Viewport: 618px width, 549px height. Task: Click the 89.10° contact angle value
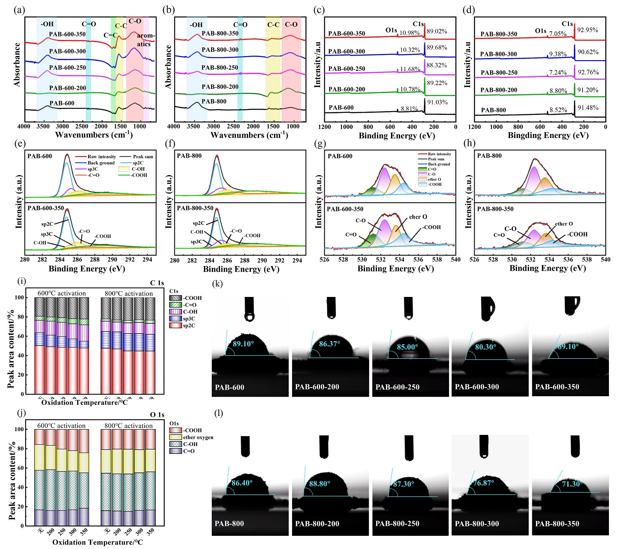point(243,344)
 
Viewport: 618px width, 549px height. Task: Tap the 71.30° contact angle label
point(572,484)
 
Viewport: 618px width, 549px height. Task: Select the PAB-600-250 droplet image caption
point(397,387)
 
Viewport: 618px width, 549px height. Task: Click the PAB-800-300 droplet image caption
point(477,524)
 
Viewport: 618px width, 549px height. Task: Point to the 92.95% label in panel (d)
point(588,30)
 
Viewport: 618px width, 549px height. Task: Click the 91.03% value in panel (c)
point(437,102)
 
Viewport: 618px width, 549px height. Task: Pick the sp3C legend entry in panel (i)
point(189,319)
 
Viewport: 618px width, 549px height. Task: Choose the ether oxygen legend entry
point(198,437)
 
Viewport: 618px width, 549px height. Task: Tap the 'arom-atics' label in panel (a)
point(145,40)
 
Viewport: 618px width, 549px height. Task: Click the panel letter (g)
point(319,144)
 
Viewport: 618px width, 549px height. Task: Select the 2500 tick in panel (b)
point(233,126)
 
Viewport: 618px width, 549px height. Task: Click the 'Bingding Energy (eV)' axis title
point(548,135)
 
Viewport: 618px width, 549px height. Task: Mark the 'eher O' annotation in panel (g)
point(418,217)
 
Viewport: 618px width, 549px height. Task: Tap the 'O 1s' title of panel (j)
point(157,415)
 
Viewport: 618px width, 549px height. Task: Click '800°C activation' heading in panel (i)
point(129,294)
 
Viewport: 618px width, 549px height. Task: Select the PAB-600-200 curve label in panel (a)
point(68,88)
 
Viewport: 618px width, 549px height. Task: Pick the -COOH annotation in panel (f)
point(252,236)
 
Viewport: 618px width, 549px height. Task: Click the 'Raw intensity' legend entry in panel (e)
point(101,157)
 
